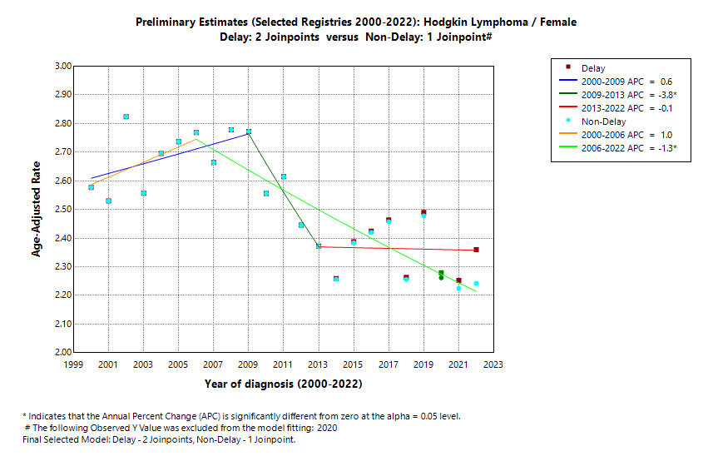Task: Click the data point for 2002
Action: tap(126, 116)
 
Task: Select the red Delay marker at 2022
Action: tap(476, 250)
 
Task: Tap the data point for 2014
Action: tap(336, 279)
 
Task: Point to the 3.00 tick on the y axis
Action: tap(62, 66)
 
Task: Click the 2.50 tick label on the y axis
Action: tap(62, 210)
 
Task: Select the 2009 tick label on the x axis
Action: tap(248, 364)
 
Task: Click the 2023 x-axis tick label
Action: tap(493, 364)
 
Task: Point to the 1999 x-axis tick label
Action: tap(72, 364)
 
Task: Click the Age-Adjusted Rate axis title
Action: tap(37, 209)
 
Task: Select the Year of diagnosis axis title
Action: tap(283, 384)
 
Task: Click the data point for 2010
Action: tap(266, 194)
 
